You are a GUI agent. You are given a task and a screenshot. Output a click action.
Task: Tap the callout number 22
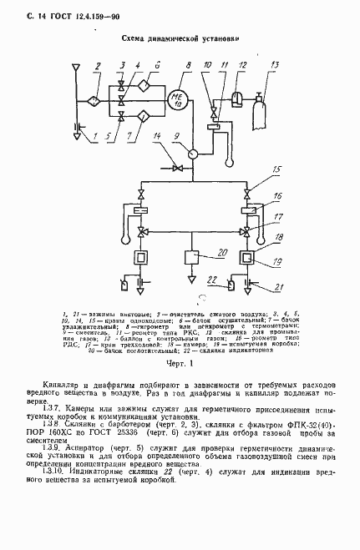[211, 279]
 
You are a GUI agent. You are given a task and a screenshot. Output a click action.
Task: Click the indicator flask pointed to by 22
[226, 285]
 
